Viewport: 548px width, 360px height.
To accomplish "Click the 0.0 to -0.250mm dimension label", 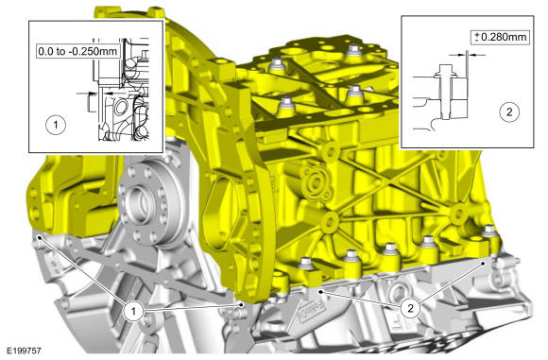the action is pos(77,51).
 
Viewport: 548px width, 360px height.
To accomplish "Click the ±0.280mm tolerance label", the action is pos(500,37).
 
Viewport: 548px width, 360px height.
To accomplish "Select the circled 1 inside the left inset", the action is pos(56,125).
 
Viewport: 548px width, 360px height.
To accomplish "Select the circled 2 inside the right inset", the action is pos(509,111).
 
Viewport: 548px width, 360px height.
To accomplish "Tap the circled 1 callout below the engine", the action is pos(133,310).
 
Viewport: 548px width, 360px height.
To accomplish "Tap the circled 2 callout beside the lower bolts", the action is pos(410,308).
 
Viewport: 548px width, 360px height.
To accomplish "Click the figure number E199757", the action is pos(22,351).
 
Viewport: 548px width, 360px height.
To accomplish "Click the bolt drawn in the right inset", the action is pos(443,92).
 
